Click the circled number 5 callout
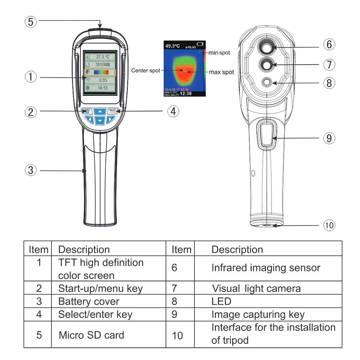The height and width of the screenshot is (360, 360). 31,22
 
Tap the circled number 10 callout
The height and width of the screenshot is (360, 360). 329,225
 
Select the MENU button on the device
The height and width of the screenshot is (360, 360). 86,111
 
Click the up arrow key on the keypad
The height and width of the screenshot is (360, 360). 100,111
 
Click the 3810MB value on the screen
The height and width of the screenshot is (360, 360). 103,65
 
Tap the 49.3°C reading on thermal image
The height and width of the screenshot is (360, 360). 173,46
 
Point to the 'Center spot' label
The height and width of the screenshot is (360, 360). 145,71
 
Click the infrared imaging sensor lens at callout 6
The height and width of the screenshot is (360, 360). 267,47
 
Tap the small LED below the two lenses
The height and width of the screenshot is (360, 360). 267,82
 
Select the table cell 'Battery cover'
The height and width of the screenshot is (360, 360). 89,301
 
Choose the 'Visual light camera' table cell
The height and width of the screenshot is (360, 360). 256,288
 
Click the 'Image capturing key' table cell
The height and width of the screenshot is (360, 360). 258,314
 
